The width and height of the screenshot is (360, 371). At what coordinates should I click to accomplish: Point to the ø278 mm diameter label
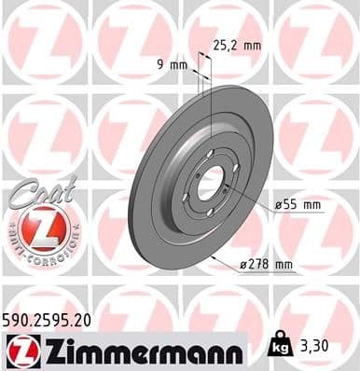pyautogui.click(x=268, y=266)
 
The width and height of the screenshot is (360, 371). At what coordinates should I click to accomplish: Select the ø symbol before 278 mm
pyautogui.click(x=244, y=266)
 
